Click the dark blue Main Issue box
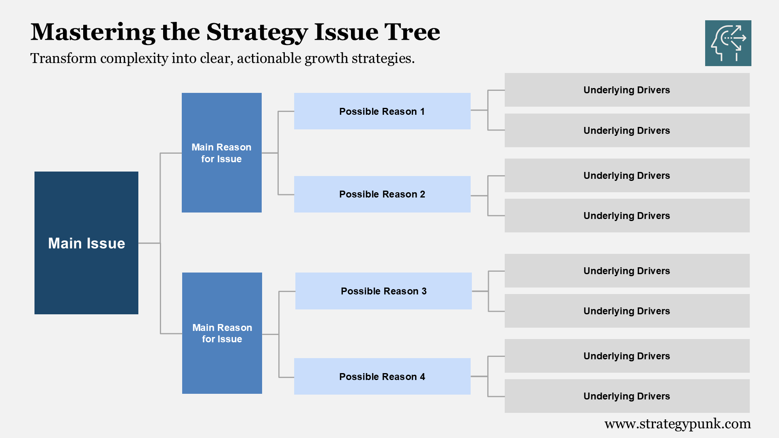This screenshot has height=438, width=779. (86, 243)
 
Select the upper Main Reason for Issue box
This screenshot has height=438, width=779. (222, 152)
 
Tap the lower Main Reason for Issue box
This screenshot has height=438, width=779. (222, 333)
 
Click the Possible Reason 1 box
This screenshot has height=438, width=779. (382, 111)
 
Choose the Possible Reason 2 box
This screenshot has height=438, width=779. (382, 194)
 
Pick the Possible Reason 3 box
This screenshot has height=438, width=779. (383, 291)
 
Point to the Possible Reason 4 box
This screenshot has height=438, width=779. (382, 376)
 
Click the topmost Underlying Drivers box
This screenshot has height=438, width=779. (627, 90)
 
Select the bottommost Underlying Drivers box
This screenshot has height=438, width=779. (627, 396)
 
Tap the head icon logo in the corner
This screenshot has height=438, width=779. (728, 43)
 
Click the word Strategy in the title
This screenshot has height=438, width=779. (257, 32)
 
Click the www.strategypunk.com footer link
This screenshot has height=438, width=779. (677, 424)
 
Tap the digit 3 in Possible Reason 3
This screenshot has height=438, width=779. (424, 291)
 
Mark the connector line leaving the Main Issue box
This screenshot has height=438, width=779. (149, 243)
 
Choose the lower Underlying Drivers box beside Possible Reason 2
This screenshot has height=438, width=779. (627, 215)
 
